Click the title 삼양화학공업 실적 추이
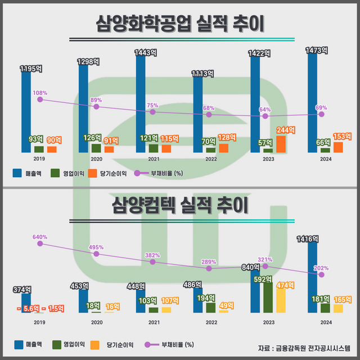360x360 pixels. point(180,24)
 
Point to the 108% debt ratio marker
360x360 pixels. point(40,99)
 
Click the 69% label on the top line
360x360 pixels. point(321,107)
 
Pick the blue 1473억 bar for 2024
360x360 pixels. point(312,101)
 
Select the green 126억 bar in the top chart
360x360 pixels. point(96,148)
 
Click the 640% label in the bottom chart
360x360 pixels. point(40,237)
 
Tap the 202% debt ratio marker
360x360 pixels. point(321,274)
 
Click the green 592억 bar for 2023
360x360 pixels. point(268,296)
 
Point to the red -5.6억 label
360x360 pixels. point(30,308)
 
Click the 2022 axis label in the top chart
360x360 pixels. point(211,159)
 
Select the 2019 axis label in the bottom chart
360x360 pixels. point(39,322)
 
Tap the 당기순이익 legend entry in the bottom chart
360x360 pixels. point(115,344)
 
